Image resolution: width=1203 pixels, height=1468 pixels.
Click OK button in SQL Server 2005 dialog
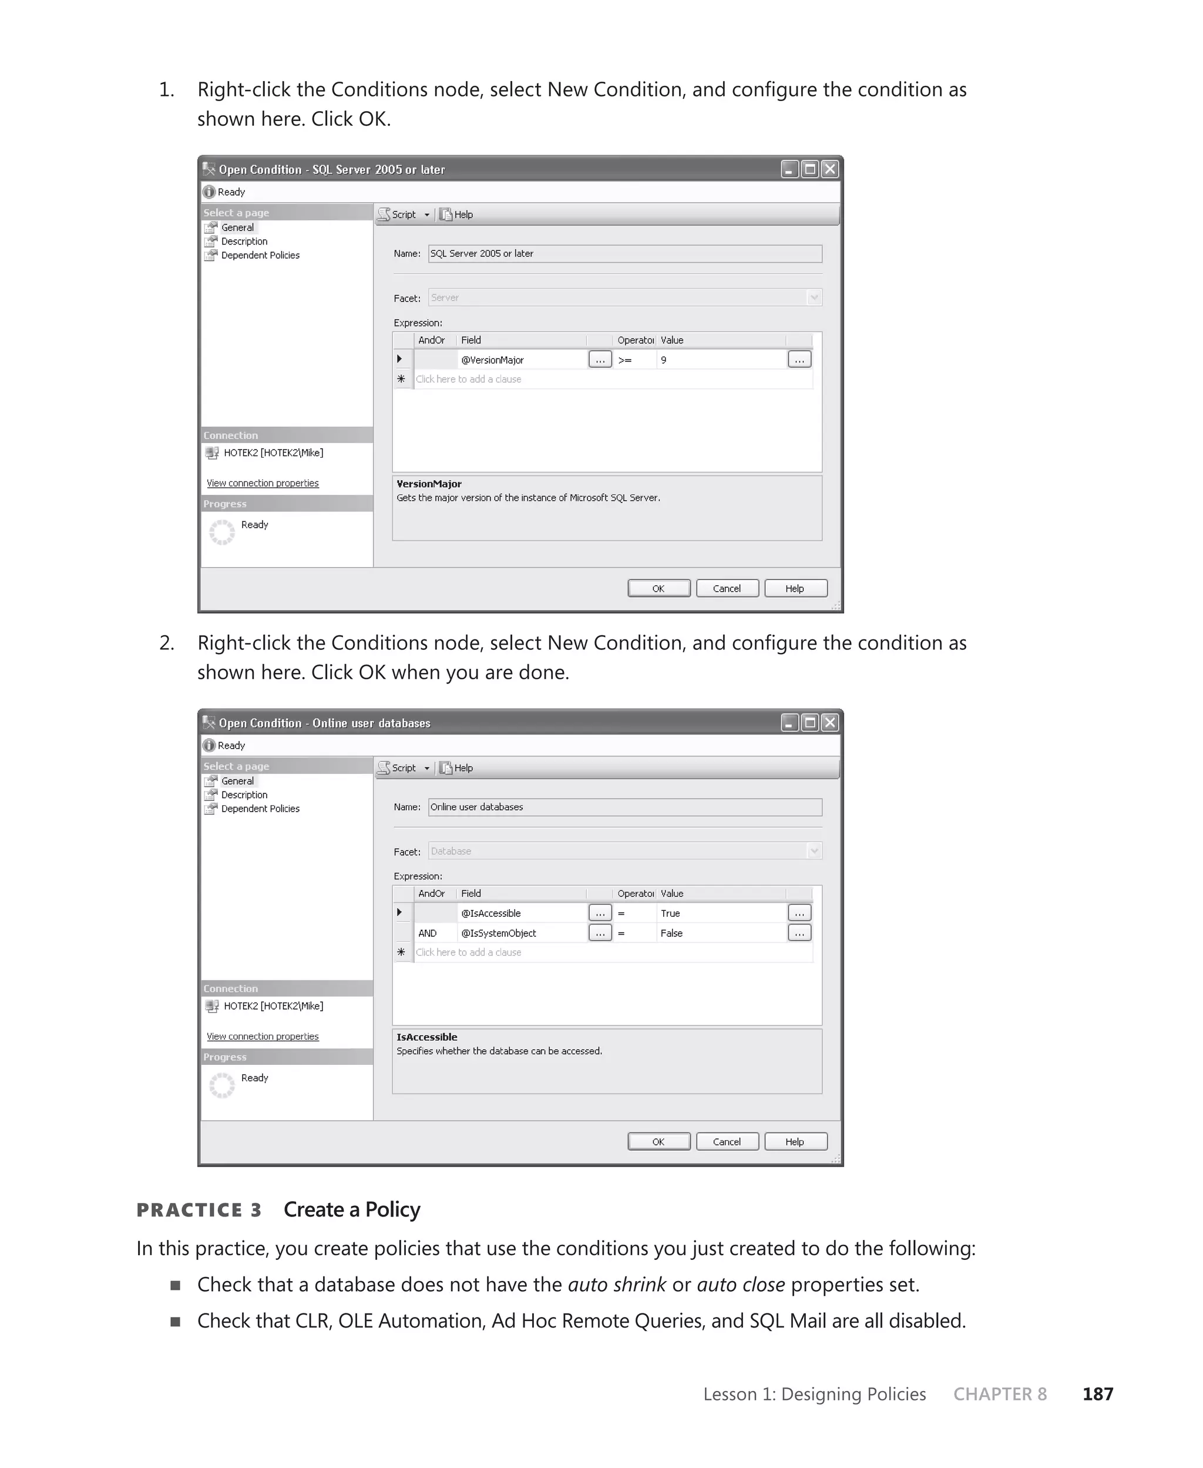tap(658, 588)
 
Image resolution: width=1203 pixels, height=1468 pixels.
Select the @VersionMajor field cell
tap(521, 360)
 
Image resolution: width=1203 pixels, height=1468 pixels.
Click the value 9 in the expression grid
tap(721, 360)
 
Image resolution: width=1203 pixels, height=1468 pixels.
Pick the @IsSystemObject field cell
tap(521, 933)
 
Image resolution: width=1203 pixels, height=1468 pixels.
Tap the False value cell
tap(721, 933)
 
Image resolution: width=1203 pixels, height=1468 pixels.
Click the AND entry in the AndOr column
tap(428, 933)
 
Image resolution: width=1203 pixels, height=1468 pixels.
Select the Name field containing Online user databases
tap(624, 807)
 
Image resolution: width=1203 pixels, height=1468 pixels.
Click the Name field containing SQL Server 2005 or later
tap(624, 254)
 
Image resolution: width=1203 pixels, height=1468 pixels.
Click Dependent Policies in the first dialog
tap(260, 255)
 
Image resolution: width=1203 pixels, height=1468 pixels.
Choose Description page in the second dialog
tap(244, 795)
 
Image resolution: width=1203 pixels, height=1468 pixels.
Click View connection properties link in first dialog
tap(263, 483)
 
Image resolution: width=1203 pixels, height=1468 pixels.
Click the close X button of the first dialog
tap(829, 169)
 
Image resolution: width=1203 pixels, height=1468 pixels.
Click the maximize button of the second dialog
tap(809, 723)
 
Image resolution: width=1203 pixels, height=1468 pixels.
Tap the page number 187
tap(1098, 1394)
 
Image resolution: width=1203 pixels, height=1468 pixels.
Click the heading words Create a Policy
tap(351, 1209)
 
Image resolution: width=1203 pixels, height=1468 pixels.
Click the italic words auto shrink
tap(617, 1284)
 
